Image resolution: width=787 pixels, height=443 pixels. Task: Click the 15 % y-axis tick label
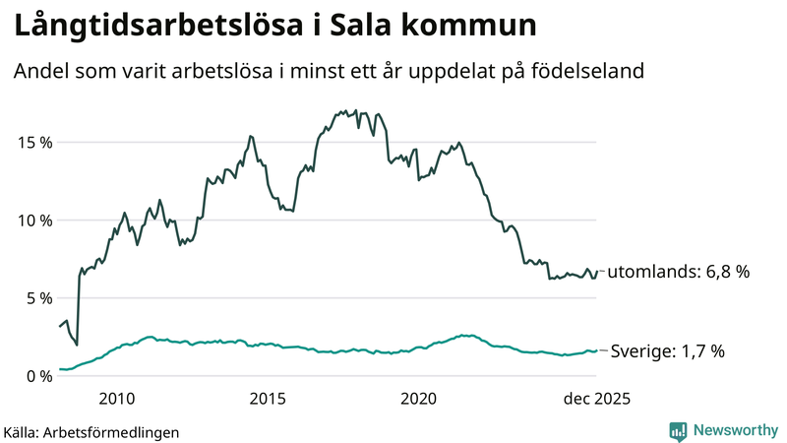click(x=33, y=142)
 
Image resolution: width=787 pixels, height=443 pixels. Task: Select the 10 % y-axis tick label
click(x=33, y=220)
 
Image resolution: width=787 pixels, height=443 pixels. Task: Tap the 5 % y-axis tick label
click(x=37, y=297)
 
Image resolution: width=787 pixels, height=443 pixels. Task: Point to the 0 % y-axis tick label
click(x=37, y=375)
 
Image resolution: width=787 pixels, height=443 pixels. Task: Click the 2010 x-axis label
click(x=117, y=399)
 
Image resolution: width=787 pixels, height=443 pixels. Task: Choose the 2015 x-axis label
click(x=268, y=399)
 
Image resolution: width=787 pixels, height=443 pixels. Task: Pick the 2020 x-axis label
click(x=419, y=399)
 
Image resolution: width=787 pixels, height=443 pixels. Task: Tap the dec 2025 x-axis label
click(x=595, y=399)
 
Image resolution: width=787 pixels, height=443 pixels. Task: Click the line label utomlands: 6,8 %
click(x=679, y=273)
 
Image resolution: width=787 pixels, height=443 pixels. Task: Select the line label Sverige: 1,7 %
click(x=668, y=350)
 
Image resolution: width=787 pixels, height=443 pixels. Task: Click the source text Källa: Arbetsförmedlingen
click(x=91, y=431)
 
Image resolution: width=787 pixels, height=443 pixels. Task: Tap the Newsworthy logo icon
click(x=678, y=430)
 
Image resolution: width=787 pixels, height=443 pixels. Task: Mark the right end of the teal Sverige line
click(x=597, y=350)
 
